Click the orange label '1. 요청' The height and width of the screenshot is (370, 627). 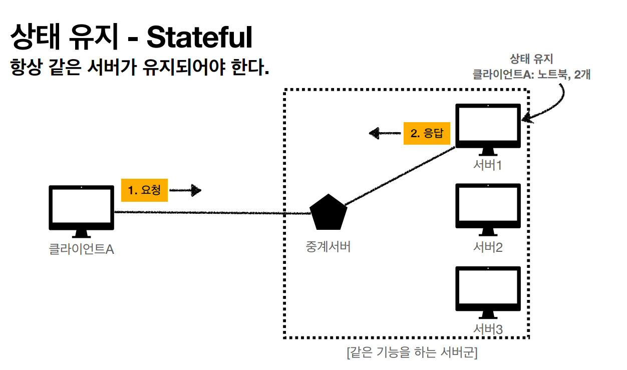(x=144, y=190)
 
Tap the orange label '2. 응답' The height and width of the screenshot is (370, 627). (x=427, y=134)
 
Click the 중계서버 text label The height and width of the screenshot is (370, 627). (x=329, y=246)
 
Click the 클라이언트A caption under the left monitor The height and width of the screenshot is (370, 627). (x=82, y=249)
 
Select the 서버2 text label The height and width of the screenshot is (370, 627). (x=488, y=247)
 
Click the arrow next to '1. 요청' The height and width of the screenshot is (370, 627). (x=185, y=190)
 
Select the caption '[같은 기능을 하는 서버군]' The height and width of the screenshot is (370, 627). (x=412, y=353)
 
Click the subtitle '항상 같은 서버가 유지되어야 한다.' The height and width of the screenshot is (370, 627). (x=140, y=67)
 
